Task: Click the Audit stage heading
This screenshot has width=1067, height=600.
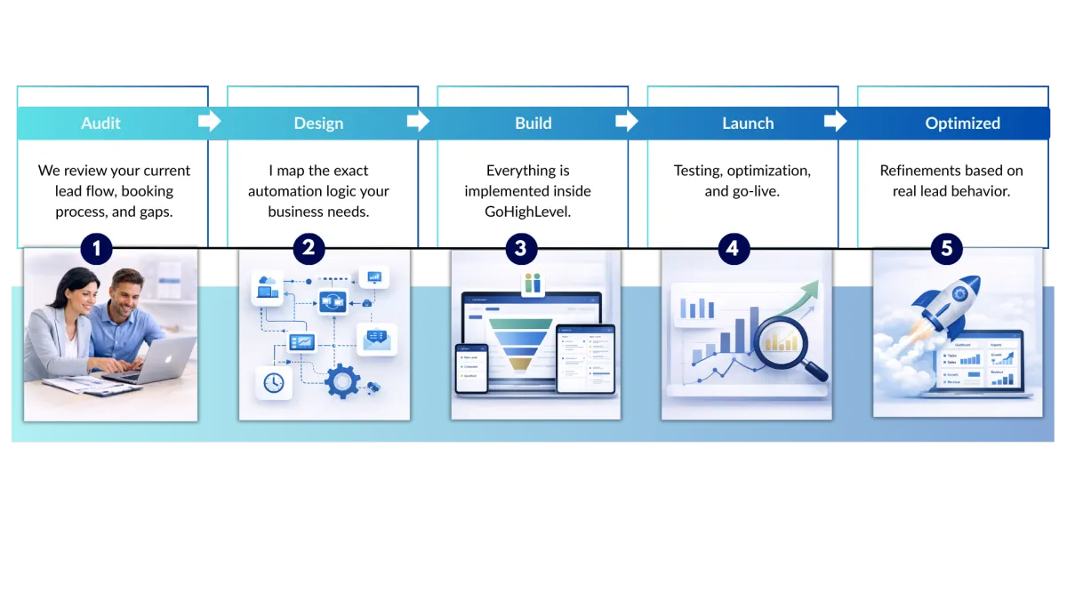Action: (100, 124)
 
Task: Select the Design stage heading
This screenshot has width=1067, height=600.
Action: (318, 124)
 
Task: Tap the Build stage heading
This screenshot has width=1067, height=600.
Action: (533, 124)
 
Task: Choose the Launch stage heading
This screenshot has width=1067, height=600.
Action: (748, 124)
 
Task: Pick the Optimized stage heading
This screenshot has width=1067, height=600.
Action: (962, 124)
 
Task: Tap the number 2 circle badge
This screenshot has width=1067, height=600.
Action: (309, 248)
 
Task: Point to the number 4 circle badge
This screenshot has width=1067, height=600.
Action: (732, 249)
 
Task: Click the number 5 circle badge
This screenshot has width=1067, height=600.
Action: (946, 249)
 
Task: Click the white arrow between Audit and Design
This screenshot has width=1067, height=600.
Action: (209, 121)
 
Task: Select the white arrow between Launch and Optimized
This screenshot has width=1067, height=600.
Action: (835, 121)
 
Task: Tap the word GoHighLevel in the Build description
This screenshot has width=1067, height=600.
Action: (527, 211)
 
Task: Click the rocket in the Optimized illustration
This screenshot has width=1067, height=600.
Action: (952, 302)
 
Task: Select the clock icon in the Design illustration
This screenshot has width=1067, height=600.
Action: (273, 382)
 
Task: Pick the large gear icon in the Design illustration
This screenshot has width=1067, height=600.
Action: (341, 380)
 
